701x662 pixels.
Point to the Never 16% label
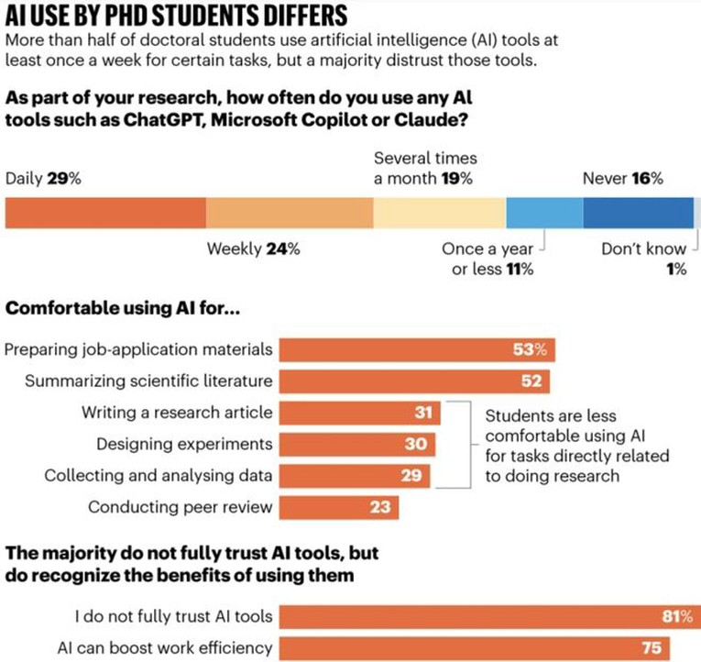click(x=622, y=179)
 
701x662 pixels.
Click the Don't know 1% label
click(x=645, y=259)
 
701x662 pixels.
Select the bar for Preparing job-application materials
click(x=417, y=349)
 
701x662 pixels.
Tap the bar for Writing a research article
click(x=360, y=413)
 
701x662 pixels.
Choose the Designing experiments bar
click(x=358, y=444)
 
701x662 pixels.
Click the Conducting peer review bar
click(x=339, y=506)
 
